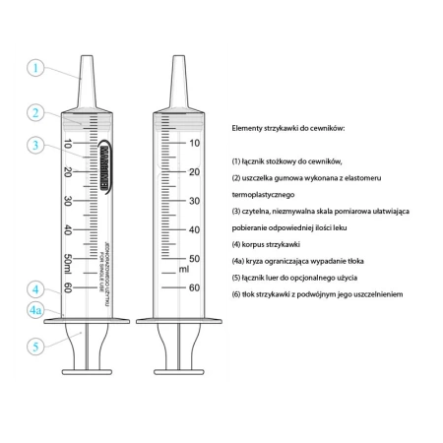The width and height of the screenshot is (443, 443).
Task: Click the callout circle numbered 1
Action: coord(35,68)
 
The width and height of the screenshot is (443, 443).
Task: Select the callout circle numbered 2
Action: coord(35,112)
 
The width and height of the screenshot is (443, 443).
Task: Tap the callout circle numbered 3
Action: coord(35,146)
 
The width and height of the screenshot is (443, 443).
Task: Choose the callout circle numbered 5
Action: coord(35,347)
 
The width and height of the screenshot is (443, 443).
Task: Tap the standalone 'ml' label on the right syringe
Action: coord(183,269)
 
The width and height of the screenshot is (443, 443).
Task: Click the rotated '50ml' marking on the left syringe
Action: coord(68,264)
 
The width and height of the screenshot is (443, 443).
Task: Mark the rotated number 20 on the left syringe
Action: coord(68,171)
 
